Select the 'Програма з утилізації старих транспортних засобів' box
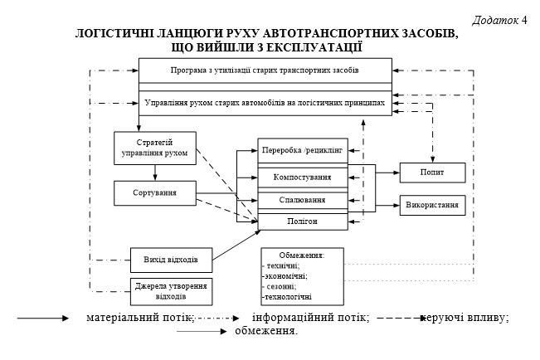tap(264, 71)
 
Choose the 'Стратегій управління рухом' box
tap(154, 148)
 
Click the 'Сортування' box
tap(154, 193)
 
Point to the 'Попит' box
tap(432, 172)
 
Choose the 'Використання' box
tap(432, 203)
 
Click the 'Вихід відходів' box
tap(171, 259)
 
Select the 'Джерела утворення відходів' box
tap(171, 290)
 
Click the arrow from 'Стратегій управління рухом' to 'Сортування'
tap(154, 172)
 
